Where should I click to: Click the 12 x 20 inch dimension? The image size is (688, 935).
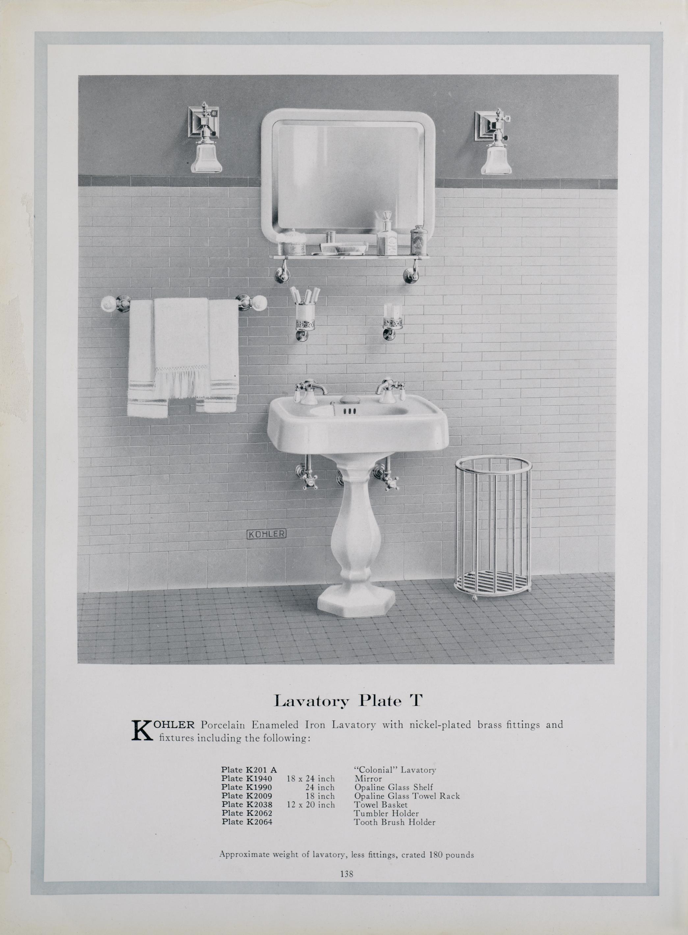pyautogui.click(x=311, y=805)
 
